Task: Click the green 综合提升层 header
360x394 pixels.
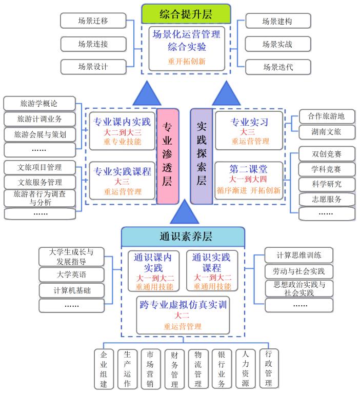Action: click(186, 13)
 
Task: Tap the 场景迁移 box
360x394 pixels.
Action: click(93, 21)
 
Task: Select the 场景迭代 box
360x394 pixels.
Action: click(277, 67)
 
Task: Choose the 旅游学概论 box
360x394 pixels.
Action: click(39, 103)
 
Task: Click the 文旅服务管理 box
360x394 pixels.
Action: click(39, 182)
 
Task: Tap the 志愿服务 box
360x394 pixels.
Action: click(327, 199)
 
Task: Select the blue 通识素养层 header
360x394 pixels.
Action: click(183, 237)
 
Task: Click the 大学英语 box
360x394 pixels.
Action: click(72, 274)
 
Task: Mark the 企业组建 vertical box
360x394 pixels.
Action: click(104, 369)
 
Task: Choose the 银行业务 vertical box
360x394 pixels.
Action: click(222, 369)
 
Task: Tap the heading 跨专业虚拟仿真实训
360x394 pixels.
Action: click(183, 305)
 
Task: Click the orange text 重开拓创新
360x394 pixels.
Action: click(186, 61)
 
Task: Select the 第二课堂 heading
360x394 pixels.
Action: click(249, 169)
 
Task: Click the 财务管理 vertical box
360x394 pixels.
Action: click(174, 369)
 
